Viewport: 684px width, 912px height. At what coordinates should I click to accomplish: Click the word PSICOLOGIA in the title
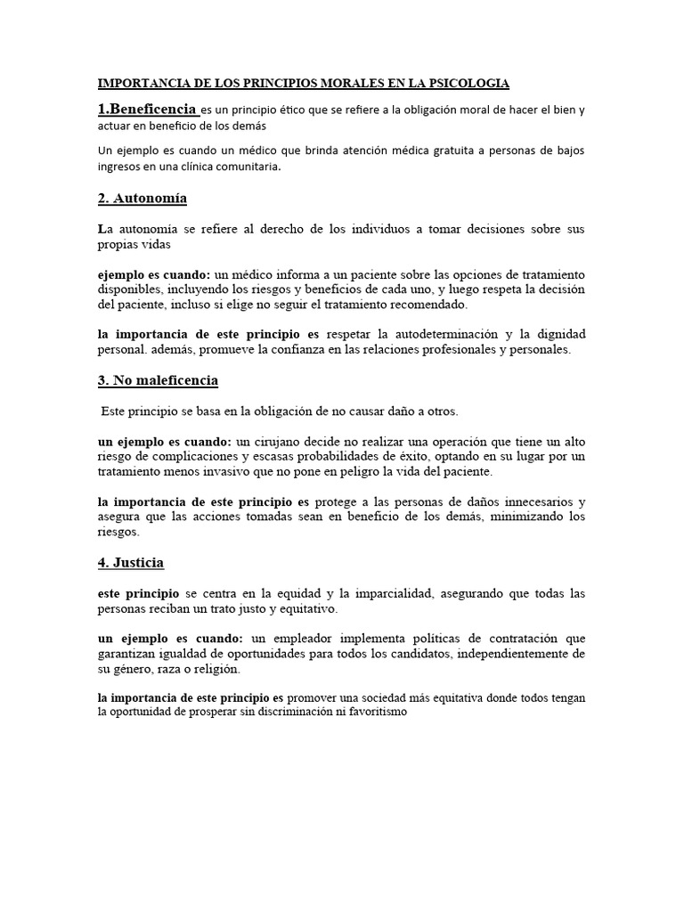468,84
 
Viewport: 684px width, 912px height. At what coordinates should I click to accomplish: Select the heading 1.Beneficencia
147,109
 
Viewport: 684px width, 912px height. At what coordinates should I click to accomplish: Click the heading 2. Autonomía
142,197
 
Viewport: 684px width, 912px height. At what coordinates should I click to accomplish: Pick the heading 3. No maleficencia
158,380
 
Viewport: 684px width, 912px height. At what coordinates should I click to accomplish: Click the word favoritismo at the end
376,712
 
